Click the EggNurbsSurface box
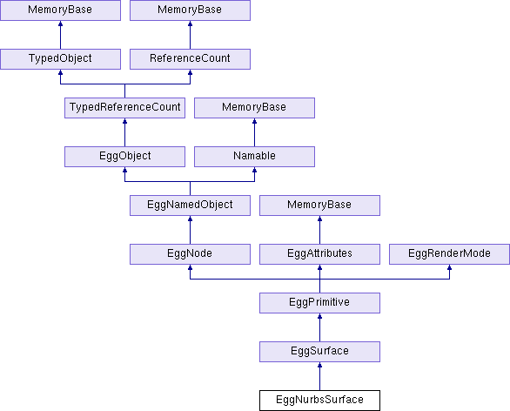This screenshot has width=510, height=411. coord(319,401)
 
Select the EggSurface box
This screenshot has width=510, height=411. coord(319,352)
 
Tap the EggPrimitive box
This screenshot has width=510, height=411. coord(319,303)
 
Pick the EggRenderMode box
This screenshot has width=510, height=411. coord(449,253)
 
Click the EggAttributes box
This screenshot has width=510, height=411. coord(319,253)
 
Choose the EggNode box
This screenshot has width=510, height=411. coord(190,253)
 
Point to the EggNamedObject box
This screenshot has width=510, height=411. coord(190,205)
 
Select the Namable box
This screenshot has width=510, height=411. coord(254,156)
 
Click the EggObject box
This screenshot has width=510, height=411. coord(125,156)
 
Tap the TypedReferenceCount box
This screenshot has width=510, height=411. coord(125,107)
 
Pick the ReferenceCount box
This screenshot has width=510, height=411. coord(190,58)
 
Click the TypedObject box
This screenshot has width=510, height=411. coord(61,58)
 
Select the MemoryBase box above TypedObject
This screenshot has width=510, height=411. coord(61,10)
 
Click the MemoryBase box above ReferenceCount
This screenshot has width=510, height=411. coord(190,10)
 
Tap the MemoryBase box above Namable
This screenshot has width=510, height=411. coord(254,107)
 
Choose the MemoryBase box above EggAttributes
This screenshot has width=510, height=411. coord(319,205)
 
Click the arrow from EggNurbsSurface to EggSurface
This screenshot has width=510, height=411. coord(319,376)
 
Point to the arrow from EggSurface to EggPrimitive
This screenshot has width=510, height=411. coord(319,327)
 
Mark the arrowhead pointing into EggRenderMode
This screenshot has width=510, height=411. coord(449,267)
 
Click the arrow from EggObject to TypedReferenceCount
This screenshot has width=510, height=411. coord(125,132)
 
